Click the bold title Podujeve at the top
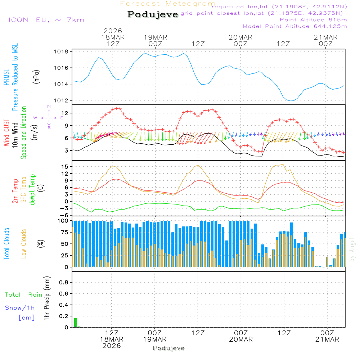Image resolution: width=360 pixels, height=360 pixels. point(153,14)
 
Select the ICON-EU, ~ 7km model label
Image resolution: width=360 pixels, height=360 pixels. point(46,19)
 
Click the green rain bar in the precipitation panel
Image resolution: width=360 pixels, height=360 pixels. point(76,323)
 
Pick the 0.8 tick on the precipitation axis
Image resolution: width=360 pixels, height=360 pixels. point(64,283)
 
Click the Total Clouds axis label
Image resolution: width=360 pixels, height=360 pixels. point(6,244)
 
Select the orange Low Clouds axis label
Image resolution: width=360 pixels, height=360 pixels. point(24,244)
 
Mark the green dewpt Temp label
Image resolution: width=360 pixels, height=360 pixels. point(32,190)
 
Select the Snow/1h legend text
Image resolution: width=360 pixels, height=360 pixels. point(20,308)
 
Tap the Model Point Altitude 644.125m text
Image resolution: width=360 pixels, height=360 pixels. point(295,26)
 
